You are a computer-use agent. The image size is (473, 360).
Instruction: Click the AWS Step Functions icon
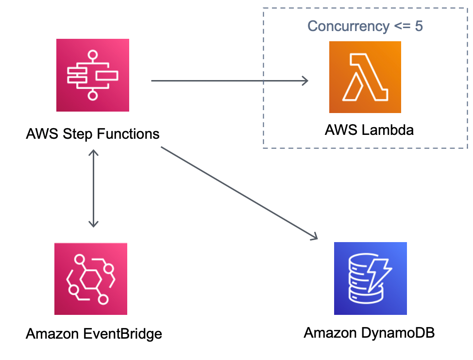[x=93, y=75]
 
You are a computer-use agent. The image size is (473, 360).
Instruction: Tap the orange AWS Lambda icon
[x=365, y=77]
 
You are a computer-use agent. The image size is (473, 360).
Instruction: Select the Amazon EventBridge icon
[x=91, y=278]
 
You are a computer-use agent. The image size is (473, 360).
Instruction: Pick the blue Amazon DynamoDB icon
[x=371, y=278]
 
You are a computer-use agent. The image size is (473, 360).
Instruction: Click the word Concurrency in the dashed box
[x=348, y=26]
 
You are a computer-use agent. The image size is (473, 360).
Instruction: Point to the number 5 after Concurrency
[x=419, y=26]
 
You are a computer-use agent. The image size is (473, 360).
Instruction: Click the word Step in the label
[x=78, y=134]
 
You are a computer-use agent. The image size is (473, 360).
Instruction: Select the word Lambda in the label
[x=388, y=130]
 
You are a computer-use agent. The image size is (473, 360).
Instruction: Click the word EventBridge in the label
[x=122, y=334]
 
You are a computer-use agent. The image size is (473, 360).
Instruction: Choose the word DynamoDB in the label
[x=398, y=333]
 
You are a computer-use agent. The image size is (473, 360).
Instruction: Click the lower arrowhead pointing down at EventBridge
[x=94, y=224]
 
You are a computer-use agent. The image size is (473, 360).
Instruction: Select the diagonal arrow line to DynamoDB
[x=239, y=193]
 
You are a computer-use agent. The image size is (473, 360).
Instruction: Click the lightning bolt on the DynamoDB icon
[x=379, y=273]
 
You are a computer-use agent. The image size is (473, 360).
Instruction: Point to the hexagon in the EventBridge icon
[x=90, y=279]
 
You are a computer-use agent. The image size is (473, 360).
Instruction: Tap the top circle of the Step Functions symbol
[x=93, y=55]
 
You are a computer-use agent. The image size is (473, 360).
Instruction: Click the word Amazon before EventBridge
[x=52, y=334]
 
